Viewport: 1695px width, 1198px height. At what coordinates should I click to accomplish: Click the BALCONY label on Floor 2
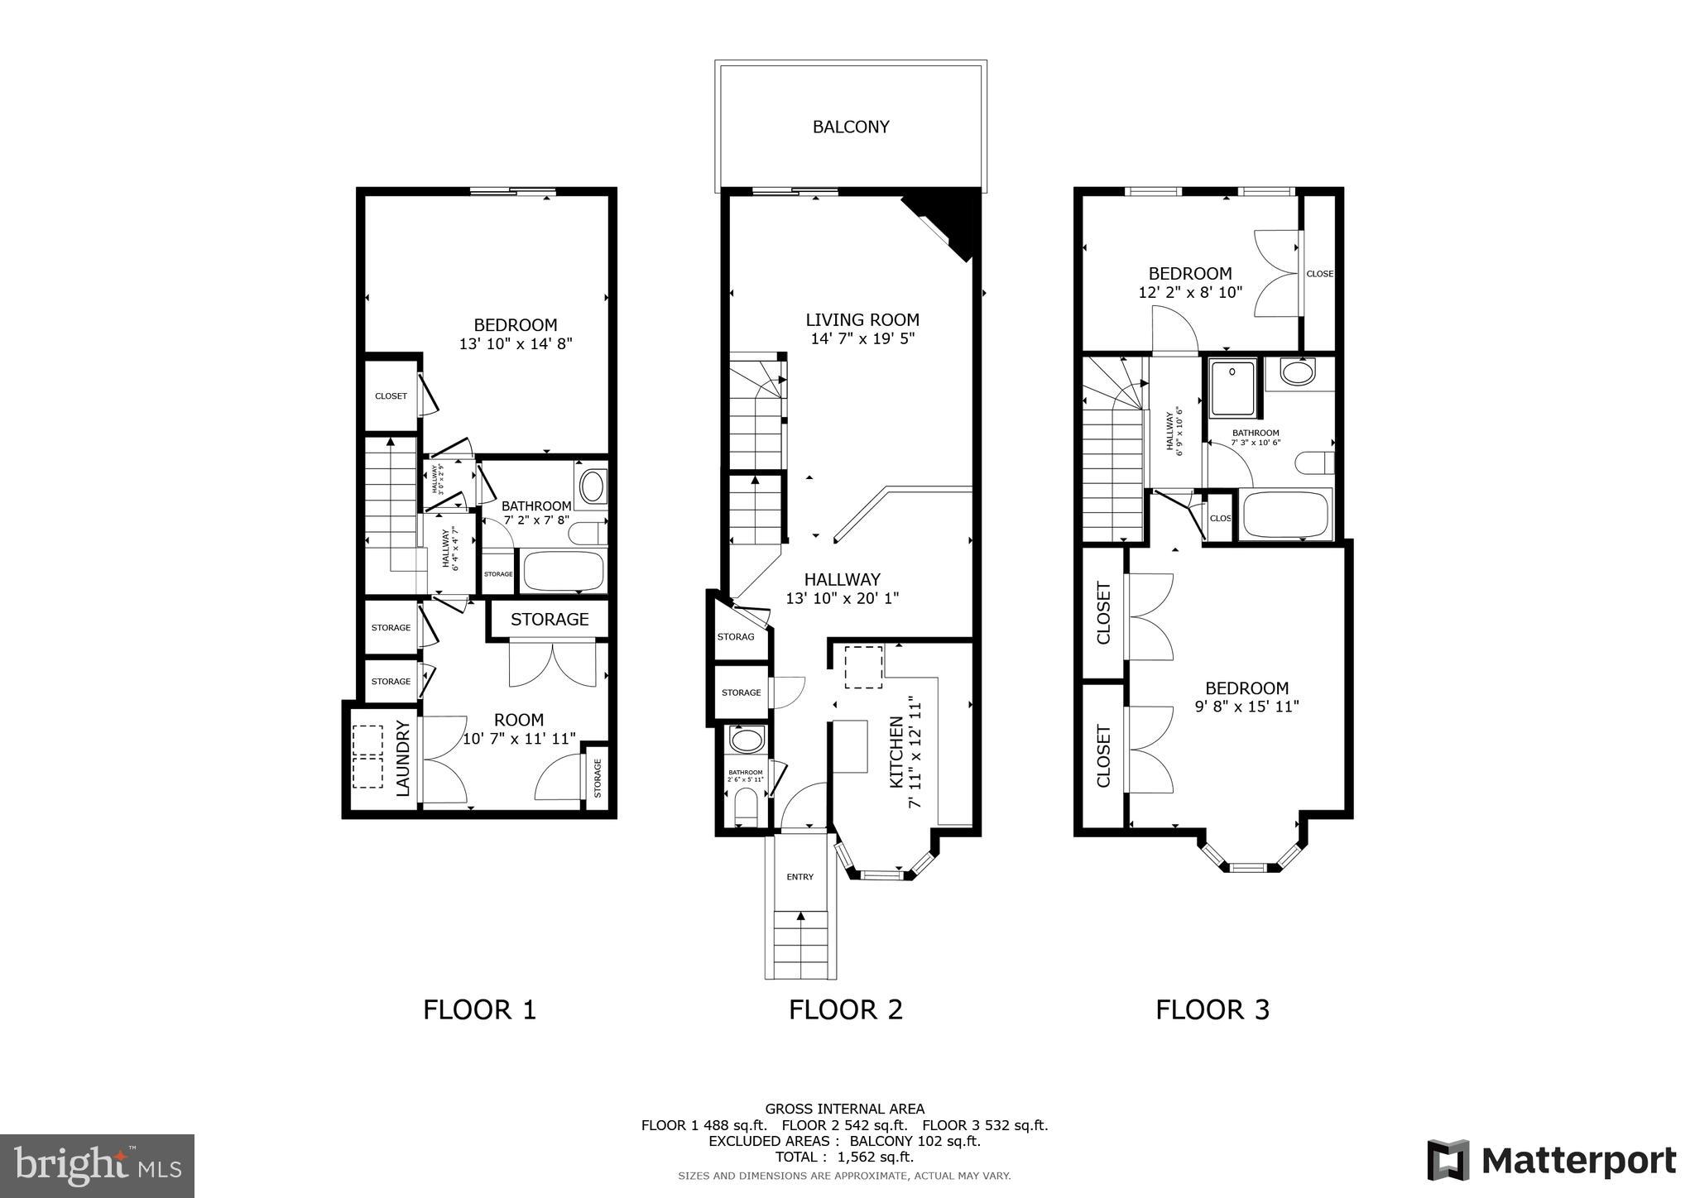[x=851, y=127]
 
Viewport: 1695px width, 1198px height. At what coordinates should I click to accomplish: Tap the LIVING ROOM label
[x=862, y=319]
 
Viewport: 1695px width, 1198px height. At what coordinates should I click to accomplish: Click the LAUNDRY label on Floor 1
[x=403, y=758]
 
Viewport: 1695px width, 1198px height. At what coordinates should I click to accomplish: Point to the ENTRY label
[x=799, y=877]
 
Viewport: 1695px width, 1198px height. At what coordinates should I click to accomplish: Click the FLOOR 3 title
[x=1212, y=1009]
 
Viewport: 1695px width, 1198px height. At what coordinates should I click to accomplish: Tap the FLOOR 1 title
[x=479, y=1009]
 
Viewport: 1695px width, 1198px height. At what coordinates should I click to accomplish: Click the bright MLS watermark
[x=98, y=1166]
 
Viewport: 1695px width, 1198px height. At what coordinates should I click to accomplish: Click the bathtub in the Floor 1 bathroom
[x=563, y=571]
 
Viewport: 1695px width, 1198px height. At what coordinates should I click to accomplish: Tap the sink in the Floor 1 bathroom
[x=592, y=486]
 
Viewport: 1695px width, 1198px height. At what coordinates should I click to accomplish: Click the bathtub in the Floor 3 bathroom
[x=1284, y=515]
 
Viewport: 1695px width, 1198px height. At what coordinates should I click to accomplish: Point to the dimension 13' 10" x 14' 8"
[x=516, y=344]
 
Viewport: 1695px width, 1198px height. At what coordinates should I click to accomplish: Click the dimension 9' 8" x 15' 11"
[x=1246, y=707]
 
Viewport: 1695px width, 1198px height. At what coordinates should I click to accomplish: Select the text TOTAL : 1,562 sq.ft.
[x=844, y=1157]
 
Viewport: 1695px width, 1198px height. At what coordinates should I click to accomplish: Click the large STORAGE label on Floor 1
[x=550, y=619]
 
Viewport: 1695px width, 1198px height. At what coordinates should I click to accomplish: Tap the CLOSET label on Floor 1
[x=391, y=396]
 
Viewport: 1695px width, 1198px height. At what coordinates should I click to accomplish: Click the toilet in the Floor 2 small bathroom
[x=746, y=805]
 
